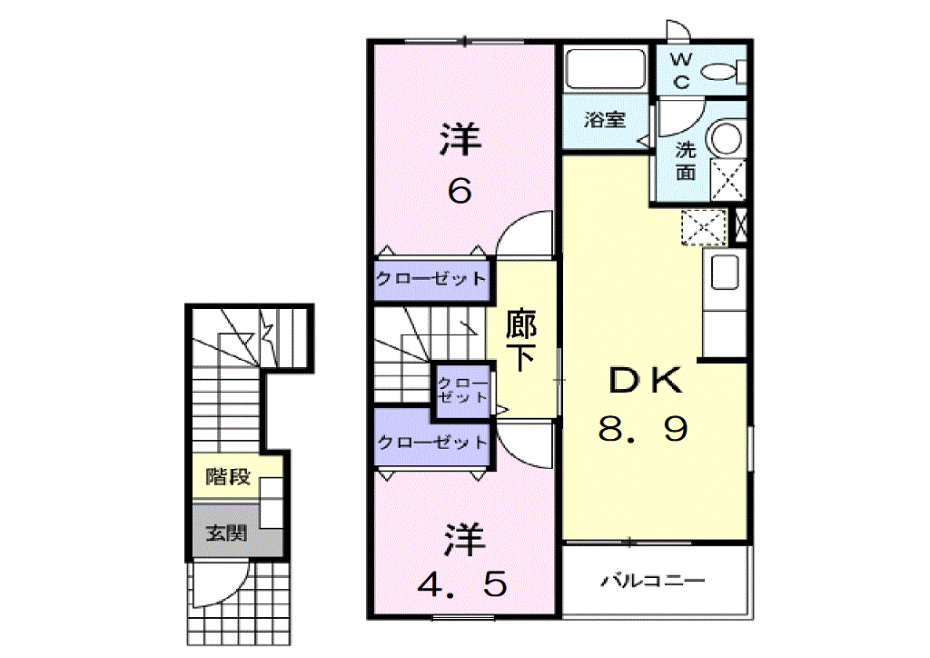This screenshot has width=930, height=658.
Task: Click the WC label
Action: [x=681, y=70]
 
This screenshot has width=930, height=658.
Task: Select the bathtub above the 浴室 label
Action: [x=605, y=69]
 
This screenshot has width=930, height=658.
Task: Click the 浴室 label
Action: [x=604, y=119]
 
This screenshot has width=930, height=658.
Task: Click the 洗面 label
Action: [x=686, y=161]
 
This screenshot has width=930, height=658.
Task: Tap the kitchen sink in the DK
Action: [x=724, y=272]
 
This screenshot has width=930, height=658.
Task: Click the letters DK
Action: [x=646, y=380]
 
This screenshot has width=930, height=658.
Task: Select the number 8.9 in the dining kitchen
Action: [x=643, y=429]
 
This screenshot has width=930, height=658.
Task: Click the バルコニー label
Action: [x=653, y=580]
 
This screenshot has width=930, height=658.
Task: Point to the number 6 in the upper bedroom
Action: [x=460, y=191]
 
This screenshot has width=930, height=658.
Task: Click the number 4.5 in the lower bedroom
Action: [x=462, y=583]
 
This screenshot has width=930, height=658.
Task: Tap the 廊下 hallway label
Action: [x=520, y=340]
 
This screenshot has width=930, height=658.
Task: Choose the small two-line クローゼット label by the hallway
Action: [x=462, y=391]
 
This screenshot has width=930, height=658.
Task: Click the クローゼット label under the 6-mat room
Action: [x=431, y=278]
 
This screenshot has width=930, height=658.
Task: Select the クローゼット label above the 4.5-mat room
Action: [x=432, y=442]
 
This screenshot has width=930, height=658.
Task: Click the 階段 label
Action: [x=228, y=476]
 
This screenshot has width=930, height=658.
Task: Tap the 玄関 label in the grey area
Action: [x=226, y=533]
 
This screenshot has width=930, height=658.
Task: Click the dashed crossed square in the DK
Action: [x=704, y=227]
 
